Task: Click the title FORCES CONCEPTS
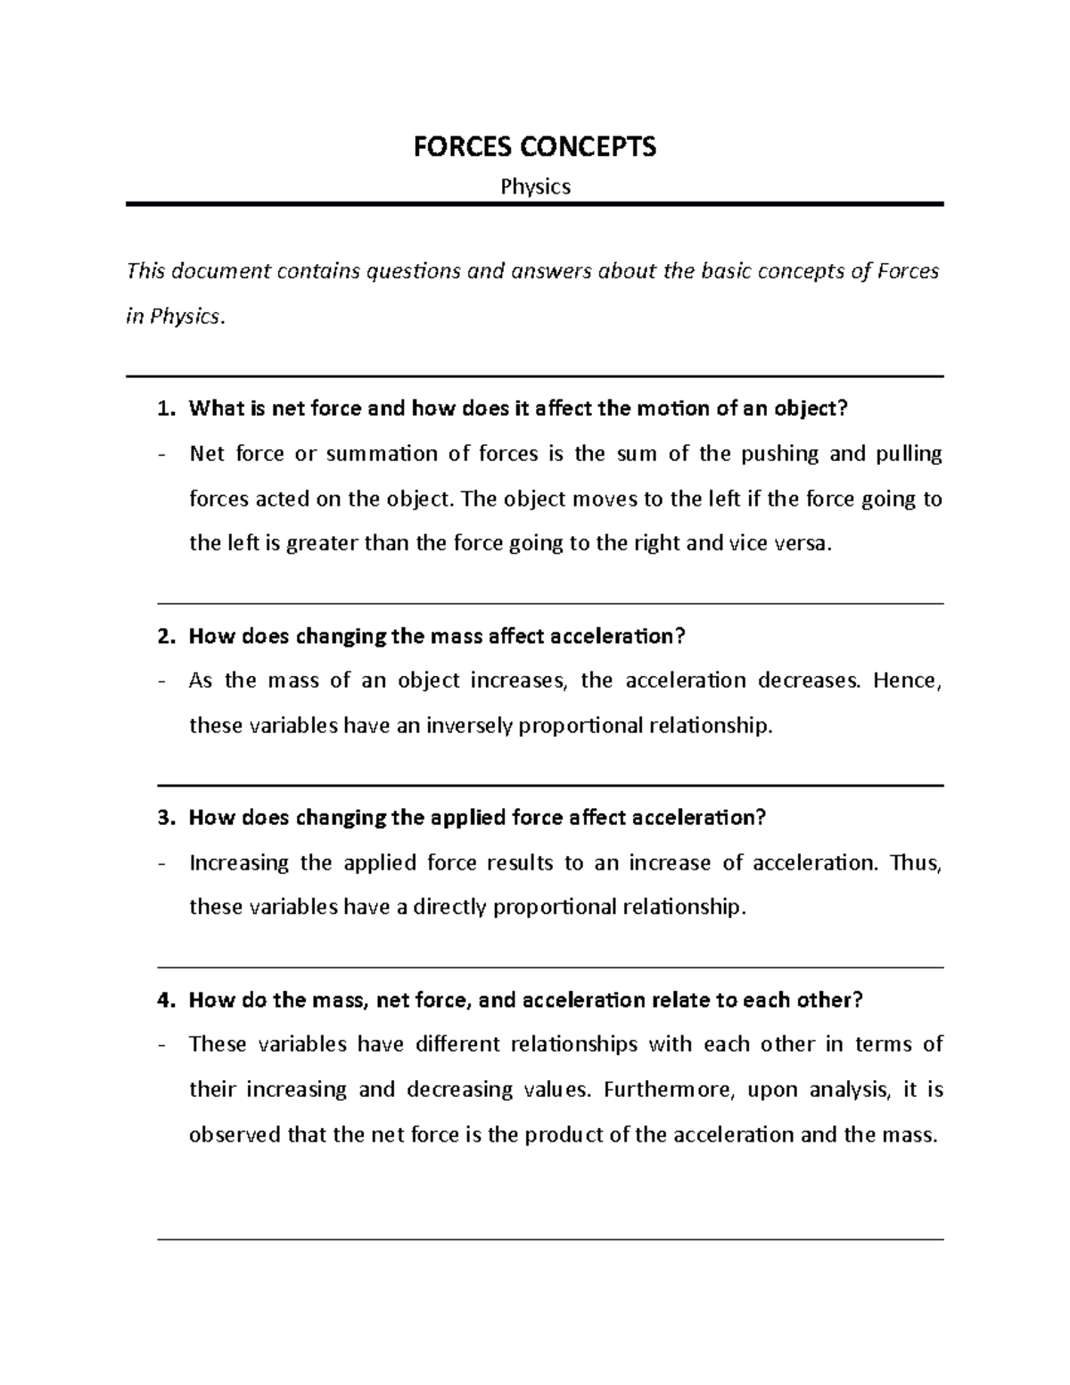click(534, 146)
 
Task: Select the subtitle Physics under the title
click(535, 186)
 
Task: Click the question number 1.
click(164, 409)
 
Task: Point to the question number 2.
click(164, 637)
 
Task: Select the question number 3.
click(164, 818)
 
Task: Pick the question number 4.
click(164, 1000)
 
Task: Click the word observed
click(234, 1135)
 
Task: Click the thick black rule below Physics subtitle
click(534, 204)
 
